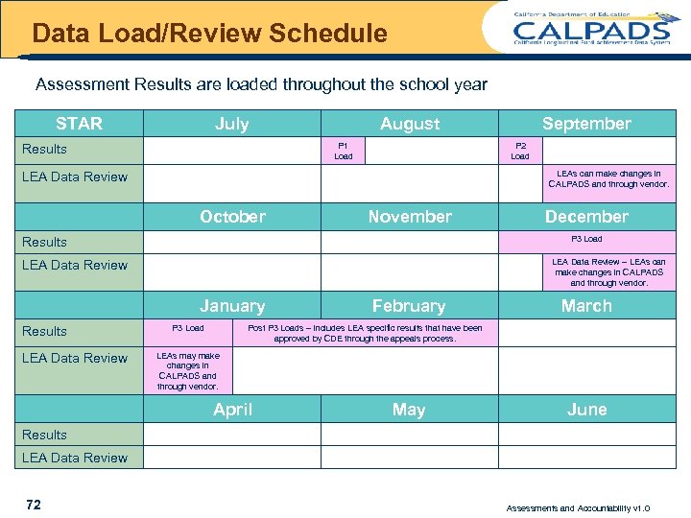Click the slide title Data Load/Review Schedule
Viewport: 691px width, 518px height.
(209, 35)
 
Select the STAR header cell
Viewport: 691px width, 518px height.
(80, 124)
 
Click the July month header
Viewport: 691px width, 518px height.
(232, 124)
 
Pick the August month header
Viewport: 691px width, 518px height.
(410, 124)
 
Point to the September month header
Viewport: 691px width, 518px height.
(586, 124)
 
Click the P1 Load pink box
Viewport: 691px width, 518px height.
(343, 152)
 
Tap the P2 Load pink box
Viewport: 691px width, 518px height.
(520, 152)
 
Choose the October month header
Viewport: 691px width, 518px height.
(232, 217)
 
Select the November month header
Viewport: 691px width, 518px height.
(410, 217)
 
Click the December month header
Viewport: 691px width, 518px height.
(586, 217)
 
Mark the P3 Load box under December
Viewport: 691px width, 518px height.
(586, 240)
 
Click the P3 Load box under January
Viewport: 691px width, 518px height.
(188, 329)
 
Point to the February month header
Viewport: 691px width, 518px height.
(409, 306)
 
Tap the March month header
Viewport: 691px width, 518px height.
(586, 306)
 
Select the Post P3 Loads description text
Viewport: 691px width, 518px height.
(365, 333)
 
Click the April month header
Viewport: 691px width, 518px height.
(232, 410)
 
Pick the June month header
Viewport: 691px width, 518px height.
(586, 410)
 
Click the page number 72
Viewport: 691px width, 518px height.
(34, 505)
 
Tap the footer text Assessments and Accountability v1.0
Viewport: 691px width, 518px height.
(578, 508)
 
